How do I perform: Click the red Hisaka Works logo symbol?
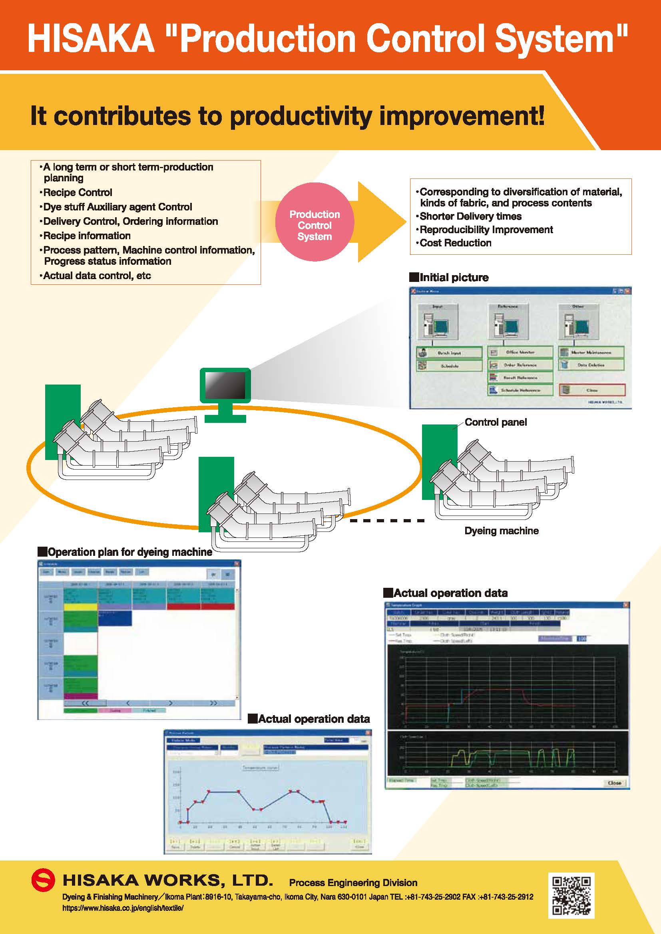point(43,880)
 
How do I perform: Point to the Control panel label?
point(495,422)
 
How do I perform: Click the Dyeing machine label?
point(501,530)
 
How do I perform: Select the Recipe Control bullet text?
point(78,192)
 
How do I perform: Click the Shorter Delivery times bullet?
point(470,216)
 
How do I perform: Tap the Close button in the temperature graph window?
point(614,783)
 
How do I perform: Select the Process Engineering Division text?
point(353,882)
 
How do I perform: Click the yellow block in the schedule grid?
point(81,607)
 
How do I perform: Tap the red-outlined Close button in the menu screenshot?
point(592,390)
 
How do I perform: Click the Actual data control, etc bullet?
point(97,276)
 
